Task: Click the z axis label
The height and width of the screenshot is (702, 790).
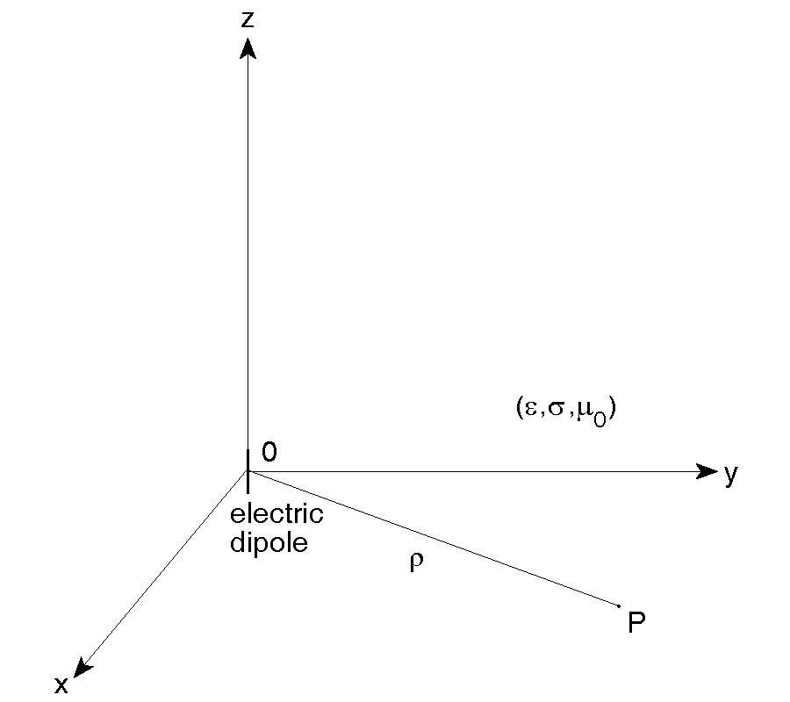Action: click(248, 19)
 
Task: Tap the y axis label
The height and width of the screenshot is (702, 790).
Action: click(730, 475)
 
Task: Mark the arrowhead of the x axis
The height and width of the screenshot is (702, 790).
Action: click(82, 668)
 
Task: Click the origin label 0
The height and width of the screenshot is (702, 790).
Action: click(269, 452)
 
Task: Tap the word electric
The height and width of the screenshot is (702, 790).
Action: click(276, 513)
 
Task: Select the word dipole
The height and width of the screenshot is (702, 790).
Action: click(269, 542)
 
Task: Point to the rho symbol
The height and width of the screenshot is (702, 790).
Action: click(416, 562)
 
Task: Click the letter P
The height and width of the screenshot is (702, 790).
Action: click(637, 624)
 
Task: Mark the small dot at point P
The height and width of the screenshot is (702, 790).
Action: click(620, 605)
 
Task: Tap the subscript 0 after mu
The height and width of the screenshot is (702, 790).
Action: click(600, 417)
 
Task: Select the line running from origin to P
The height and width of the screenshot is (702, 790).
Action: click(439, 540)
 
